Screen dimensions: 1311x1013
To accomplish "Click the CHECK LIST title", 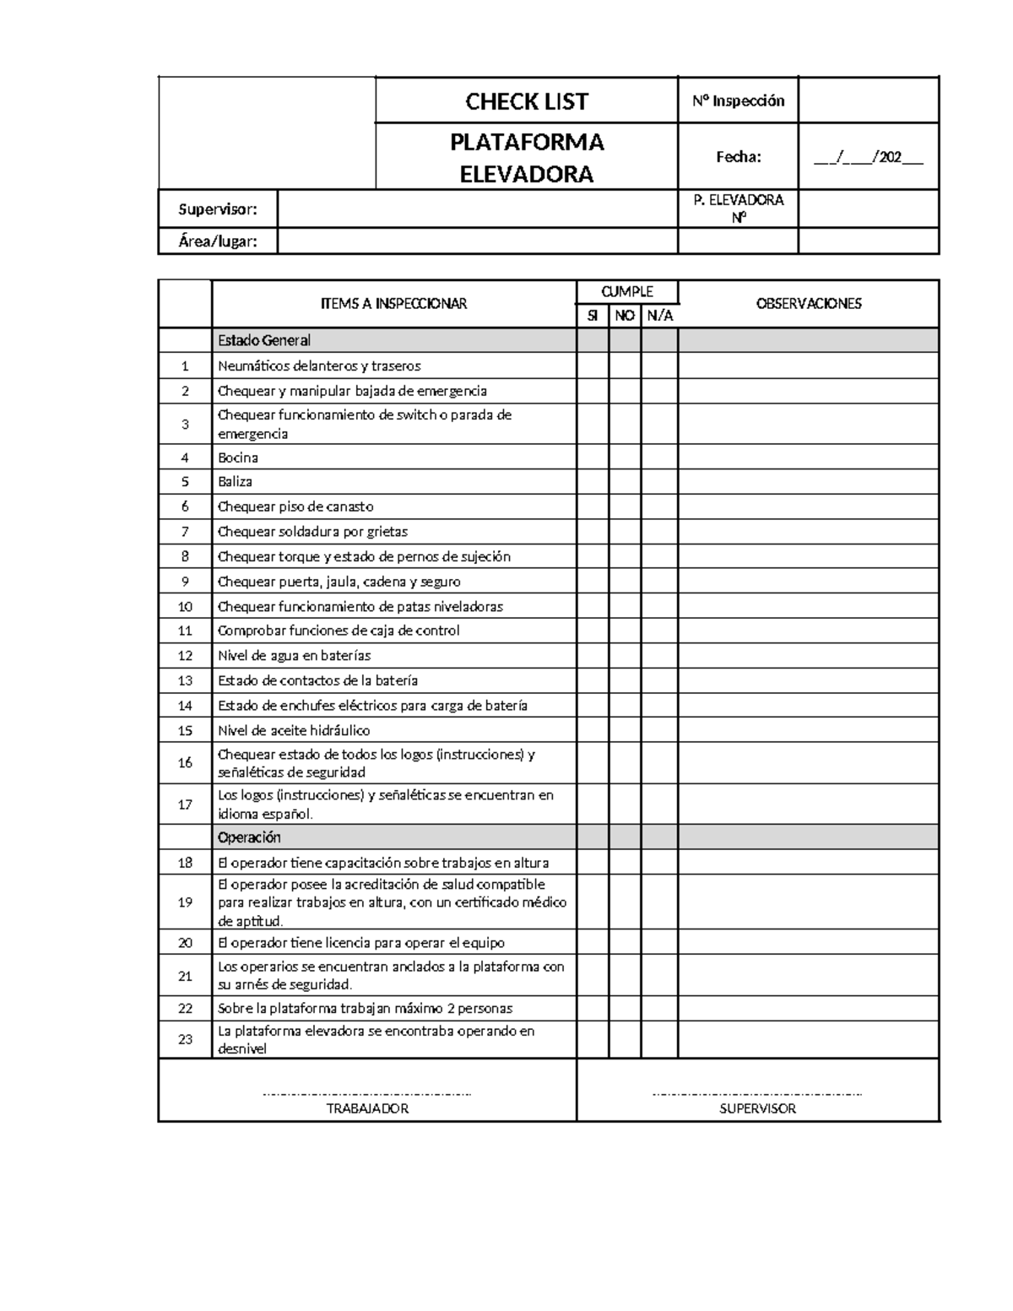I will tap(527, 101).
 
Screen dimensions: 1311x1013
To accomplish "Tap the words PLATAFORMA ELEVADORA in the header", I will tap(527, 157).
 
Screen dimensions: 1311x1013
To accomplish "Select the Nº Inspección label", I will tap(738, 101).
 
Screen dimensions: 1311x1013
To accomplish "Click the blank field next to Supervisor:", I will tap(477, 209).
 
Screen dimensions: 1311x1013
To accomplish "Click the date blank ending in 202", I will tap(868, 157).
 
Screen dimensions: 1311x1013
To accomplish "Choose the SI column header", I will tap(593, 316).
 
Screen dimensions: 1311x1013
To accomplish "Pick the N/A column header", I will tap(659, 316).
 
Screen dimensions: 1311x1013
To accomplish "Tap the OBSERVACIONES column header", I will tap(808, 304).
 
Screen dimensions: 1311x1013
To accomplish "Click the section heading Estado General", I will tap(264, 340).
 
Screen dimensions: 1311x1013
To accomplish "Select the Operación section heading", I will tap(249, 837).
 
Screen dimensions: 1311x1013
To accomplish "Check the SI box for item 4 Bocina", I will tap(593, 458).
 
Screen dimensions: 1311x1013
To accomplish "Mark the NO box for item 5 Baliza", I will tap(625, 482).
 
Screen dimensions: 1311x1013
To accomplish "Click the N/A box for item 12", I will tap(659, 656).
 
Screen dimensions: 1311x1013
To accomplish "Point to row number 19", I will tap(185, 902).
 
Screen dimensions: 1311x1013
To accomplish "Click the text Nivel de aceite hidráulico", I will tap(294, 730).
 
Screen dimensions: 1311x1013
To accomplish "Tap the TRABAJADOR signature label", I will tap(367, 1108).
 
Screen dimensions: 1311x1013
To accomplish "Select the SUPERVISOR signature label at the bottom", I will tap(757, 1108).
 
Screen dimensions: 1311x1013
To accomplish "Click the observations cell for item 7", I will tap(808, 532).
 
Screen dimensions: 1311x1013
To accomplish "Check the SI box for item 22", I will tap(593, 1009).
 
